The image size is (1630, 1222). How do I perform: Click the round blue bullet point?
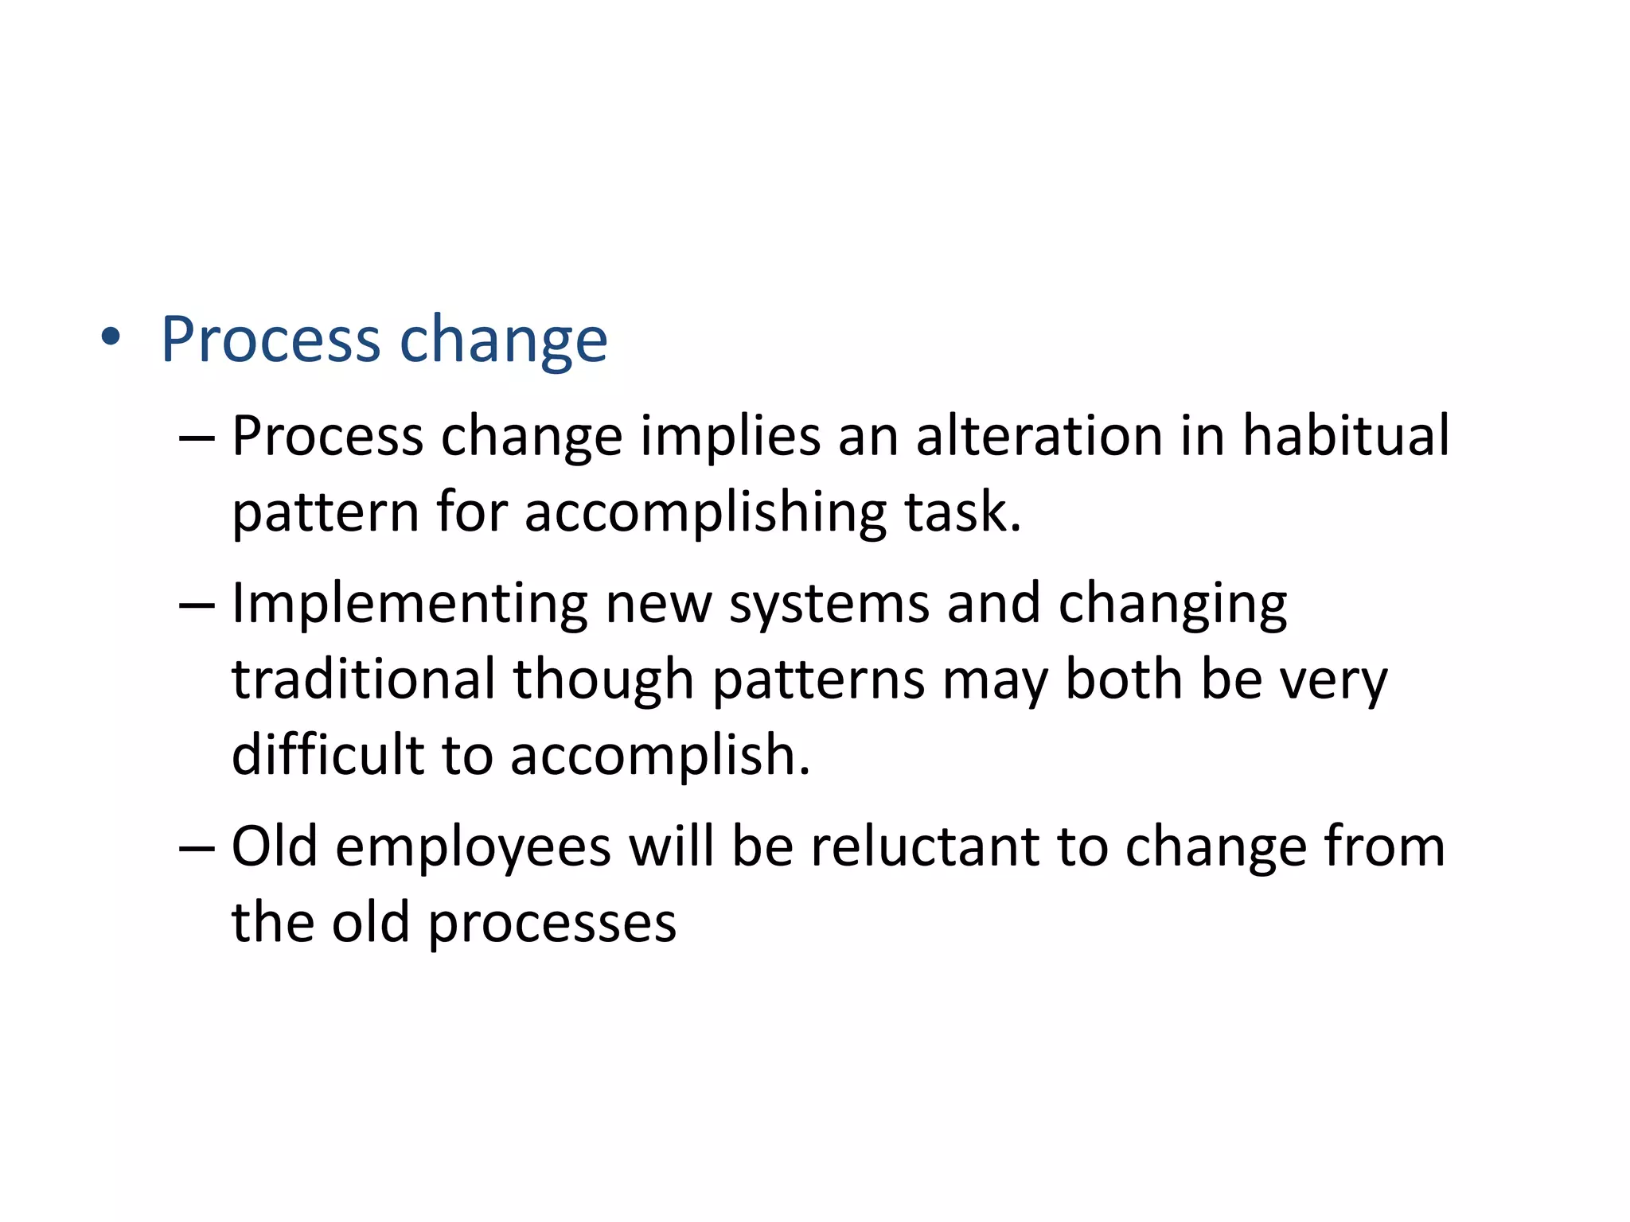point(111,337)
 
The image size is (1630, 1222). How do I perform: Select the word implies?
point(730,437)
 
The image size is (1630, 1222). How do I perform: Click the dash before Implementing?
point(197,605)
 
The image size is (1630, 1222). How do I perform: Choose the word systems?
point(829,605)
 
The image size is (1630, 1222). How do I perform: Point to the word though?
point(603,680)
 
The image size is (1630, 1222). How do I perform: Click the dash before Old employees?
point(197,848)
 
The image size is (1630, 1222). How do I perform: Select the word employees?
point(474,848)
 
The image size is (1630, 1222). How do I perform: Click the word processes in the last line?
point(552,924)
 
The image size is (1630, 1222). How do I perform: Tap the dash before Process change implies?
point(197,437)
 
